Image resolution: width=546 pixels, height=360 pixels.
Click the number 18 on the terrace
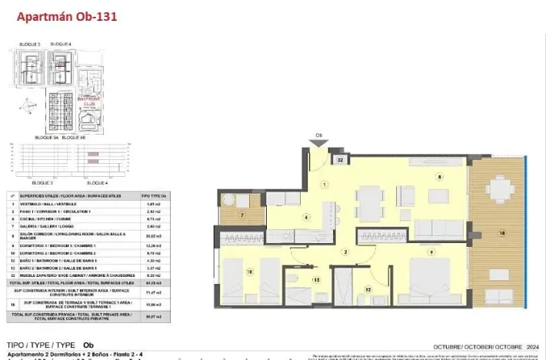pyautogui.click(x=502, y=232)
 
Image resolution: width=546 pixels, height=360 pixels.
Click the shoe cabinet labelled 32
pyautogui.click(x=340, y=160)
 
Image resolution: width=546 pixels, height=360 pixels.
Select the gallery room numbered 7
pyautogui.click(x=241, y=216)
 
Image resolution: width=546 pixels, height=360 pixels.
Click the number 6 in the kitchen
pyautogui.click(x=307, y=218)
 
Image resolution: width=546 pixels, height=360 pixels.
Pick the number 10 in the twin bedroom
pyautogui.click(x=249, y=271)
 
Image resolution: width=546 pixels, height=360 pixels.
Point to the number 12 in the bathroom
pyautogui.click(x=368, y=289)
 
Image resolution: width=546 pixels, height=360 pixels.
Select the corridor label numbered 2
pyautogui.click(x=346, y=252)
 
